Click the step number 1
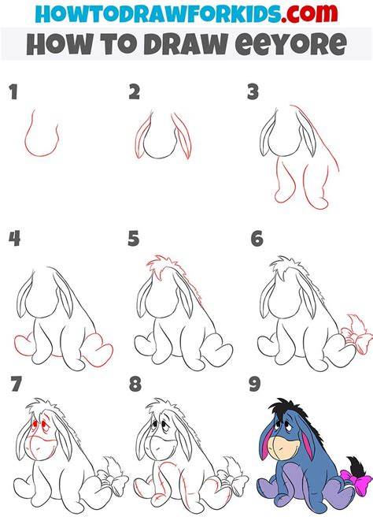(x=13, y=92)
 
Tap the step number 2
(x=135, y=92)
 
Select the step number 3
(x=253, y=92)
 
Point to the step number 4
(x=14, y=239)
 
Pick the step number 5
(x=134, y=239)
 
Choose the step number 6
(x=257, y=239)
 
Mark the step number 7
(x=17, y=384)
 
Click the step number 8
(x=135, y=384)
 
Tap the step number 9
(x=255, y=384)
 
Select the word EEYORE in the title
(x=290, y=44)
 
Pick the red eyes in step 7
(x=39, y=425)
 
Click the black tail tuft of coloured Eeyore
(x=355, y=465)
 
